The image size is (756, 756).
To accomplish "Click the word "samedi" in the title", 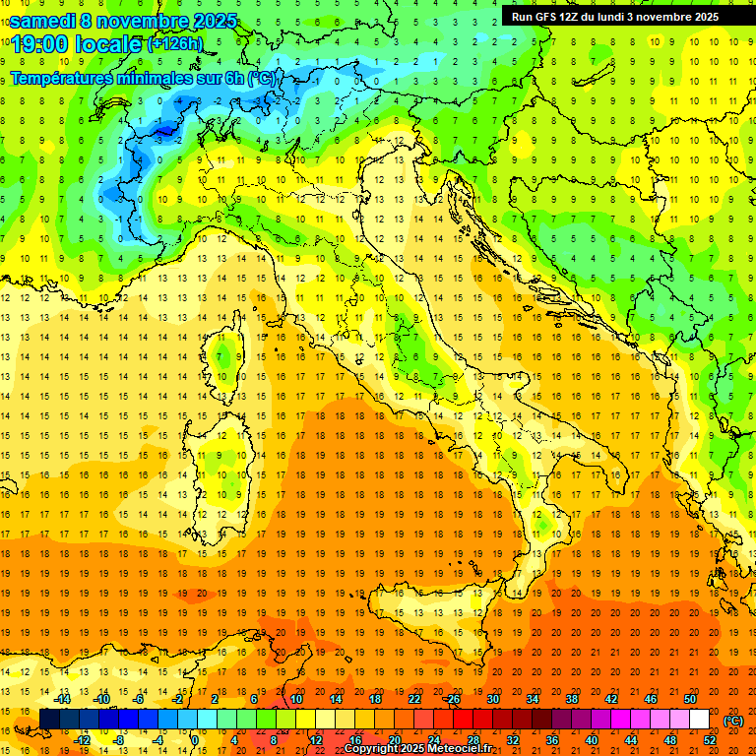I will (x=44, y=21).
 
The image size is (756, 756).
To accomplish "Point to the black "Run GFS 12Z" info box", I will (x=615, y=16).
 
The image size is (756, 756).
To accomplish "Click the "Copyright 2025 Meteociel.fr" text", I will (x=418, y=749).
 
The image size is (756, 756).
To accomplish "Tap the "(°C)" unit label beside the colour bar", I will (x=733, y=721).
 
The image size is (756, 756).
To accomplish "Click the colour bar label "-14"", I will (x=64, y=699).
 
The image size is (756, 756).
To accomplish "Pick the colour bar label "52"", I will (x=710, y=740).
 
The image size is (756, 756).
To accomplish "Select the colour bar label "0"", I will (x=196, y=740).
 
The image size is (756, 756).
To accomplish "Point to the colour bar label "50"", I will (x=690, y=699).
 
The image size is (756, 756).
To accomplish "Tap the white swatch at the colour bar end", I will (x=700, y=720).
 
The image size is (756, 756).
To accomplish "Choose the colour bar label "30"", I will (x=493, y=699).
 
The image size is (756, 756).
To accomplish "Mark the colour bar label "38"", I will (x=572, y=699).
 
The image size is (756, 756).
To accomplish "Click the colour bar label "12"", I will (x=316, y=740).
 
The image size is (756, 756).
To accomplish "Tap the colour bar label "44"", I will (x=631, y=740).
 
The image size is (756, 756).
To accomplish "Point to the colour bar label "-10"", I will (x=101, y=699).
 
